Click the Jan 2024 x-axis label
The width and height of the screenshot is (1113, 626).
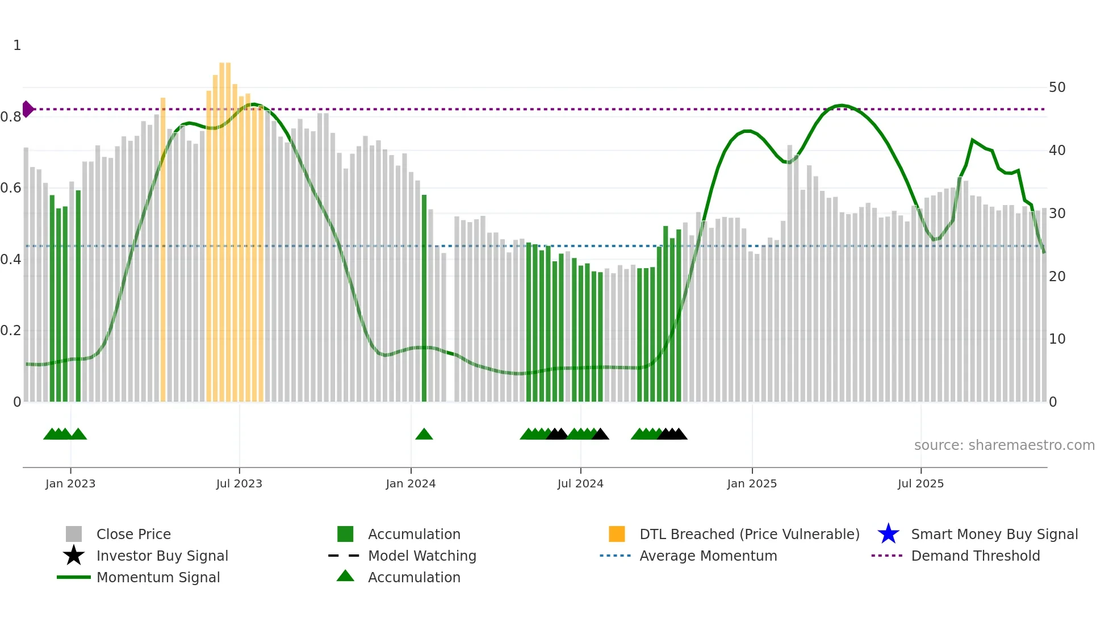click(x=411, y=483)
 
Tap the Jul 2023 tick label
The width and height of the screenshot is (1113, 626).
click(x=239, y=483)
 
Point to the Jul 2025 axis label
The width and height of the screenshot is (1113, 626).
click(x=920, y=483)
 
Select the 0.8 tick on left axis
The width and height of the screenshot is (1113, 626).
click(x=11, y=117)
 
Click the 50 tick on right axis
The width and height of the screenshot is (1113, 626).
click(x=1057, y=87)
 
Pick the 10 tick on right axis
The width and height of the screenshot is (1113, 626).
click(x=1057, y=339)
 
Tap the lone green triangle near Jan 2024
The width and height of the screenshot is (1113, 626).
click(x=424, y=435)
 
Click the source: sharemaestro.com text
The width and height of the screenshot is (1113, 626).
click(x=1004, y=445)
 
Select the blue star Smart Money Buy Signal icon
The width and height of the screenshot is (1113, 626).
click(x=888, y=534)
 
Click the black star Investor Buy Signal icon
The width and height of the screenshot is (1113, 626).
click(x=74, y=556)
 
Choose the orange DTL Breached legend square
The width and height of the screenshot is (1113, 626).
click(x=617, y=534)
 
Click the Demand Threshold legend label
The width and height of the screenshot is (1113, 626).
click(x=975, y=556)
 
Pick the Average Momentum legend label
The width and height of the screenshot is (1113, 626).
click(x=708, y=556)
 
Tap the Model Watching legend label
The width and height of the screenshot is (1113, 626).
click(x=422, y=556)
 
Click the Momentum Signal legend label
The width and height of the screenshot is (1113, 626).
click(x=158, y=577)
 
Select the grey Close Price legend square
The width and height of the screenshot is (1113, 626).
click(x=74, y=534)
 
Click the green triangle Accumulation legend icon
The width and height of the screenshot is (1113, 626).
click(x=345, y=577)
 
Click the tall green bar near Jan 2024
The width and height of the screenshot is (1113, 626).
click(x=424, y=298)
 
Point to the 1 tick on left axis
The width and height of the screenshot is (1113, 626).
click(x=17, y=45)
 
